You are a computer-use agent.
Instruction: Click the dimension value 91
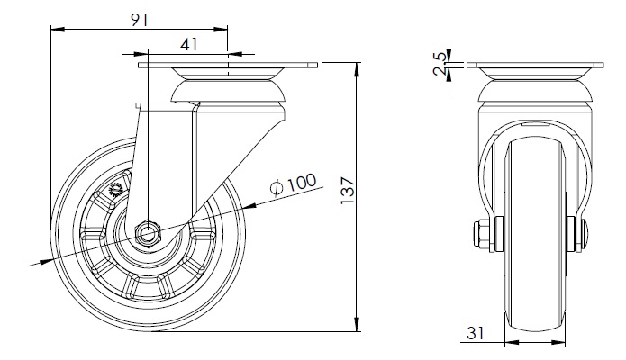coord(140,20)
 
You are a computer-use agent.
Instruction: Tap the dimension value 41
coord(189,44)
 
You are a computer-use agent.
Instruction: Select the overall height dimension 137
coord(348,191)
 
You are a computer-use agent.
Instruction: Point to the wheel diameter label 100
coord(302,183)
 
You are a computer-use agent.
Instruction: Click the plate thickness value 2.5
coord(440,64)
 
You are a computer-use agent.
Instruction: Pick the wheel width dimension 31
coord(475,333)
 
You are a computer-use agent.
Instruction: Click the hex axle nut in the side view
coord(148,234)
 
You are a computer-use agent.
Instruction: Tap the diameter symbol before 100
coord(277,188)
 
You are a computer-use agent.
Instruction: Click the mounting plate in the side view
coord(228,65)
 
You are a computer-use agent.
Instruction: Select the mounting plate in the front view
coord(535,65)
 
